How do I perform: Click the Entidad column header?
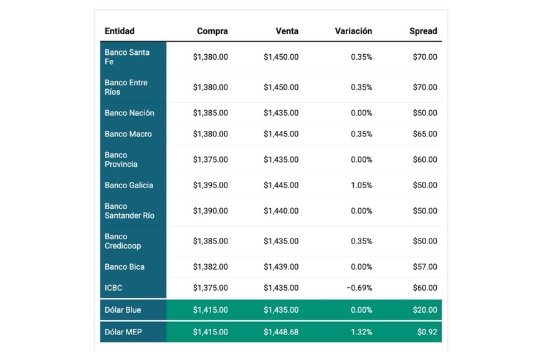point(120,31)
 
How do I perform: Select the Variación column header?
point(353,31)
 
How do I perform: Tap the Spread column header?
point(423,31)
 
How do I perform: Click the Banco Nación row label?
point(130,113)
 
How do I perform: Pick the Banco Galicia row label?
point(129,185)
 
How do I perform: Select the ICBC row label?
point(114,288)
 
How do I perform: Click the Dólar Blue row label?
point(123,310)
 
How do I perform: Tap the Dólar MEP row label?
point(123,332)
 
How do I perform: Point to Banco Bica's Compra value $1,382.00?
point(210,267)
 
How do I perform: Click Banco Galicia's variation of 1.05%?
point(361,185)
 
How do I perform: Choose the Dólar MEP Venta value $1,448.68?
point(281,332)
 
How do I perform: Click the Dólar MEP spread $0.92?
point(427,332)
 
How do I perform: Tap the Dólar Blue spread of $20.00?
point(425,310)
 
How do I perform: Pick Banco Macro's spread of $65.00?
point(425,134)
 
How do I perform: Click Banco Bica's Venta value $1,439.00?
point(281,267)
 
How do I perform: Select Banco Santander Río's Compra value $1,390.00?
point(210,211)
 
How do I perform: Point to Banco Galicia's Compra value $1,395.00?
point(210,185)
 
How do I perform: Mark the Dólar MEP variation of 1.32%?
point(361,332)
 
